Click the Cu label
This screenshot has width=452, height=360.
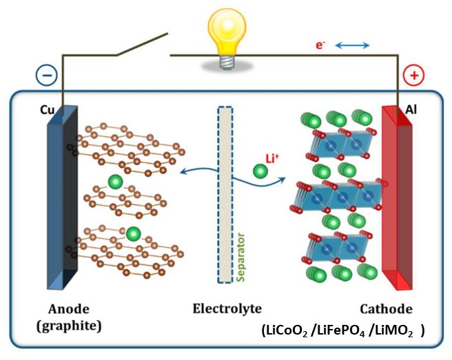click(x=49, y=109)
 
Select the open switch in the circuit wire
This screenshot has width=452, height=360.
click(x=142, y=45)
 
